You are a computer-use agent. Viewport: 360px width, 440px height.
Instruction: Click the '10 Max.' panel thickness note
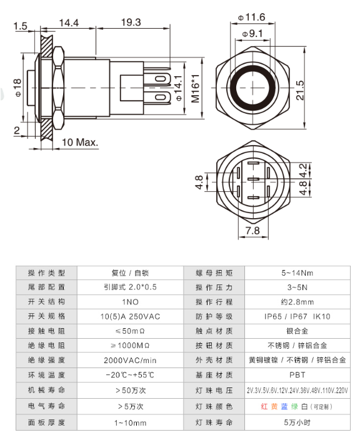tap(80, 142)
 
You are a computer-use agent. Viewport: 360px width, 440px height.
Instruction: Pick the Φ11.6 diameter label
tap(252, 17)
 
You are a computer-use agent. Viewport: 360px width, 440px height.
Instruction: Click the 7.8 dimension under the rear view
tap(252, 231)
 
